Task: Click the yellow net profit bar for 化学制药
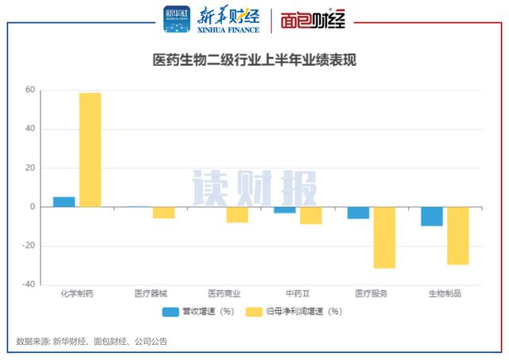coord(90,150)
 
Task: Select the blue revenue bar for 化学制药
coord(64,202)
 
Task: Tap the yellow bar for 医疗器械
coord(164,212)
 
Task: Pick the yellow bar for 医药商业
coord(237,215)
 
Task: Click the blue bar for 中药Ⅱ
coord(285,210)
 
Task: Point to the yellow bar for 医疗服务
coord(384,238)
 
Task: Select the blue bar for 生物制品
coord(432,216)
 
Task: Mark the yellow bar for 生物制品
coord(458,236)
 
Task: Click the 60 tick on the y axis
coord(30,90)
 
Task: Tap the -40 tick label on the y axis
coord(29,285)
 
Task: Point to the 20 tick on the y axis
coord(30,168)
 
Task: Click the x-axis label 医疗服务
coord(371,293)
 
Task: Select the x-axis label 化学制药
coord(77,293)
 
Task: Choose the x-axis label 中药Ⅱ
coord(297,293)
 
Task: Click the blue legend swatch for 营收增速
coord(170,312)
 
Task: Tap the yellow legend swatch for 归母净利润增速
coord(254,312)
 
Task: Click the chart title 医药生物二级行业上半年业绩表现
coord(254,60)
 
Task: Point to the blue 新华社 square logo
coord(177,19)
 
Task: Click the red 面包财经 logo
coord(313,19)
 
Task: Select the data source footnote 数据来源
coord(91,341)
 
